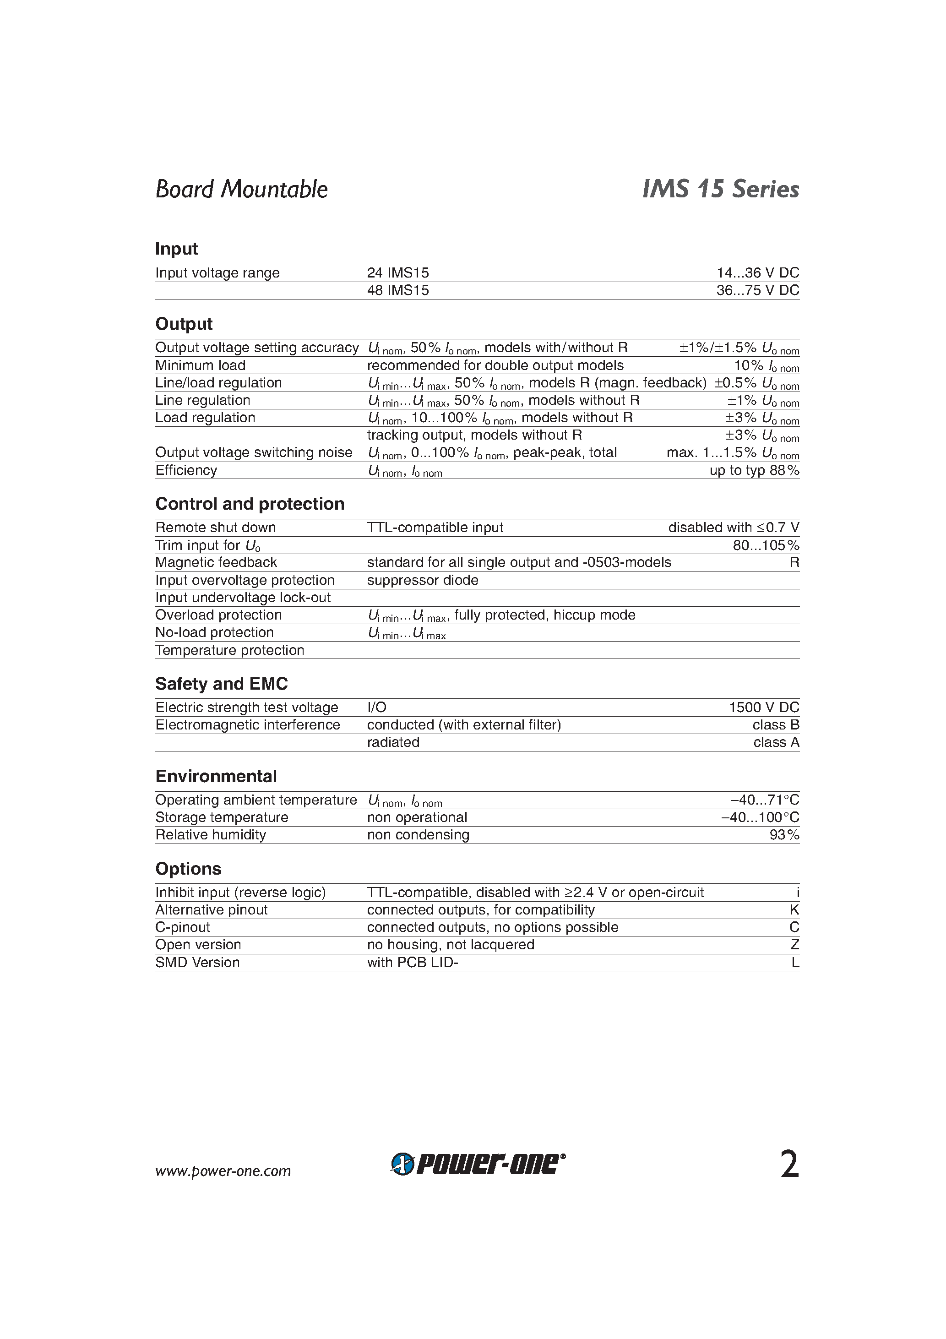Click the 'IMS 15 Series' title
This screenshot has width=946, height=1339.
click(x=720, y=189)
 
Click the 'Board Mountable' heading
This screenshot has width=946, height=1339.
click(x=241, y=189)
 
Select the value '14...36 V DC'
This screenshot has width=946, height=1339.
click(x=758, y=273)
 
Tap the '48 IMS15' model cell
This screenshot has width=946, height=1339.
click(x=398, y=290)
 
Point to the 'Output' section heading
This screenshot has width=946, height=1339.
click(x=184, y=324)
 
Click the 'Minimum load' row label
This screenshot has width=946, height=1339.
click(x=200, y=365)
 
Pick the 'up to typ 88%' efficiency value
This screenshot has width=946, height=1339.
click(x=754, y=471)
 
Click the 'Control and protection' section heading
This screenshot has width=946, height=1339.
click(x=250, y=504)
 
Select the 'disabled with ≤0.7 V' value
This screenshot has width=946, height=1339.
click(x=733, y=528)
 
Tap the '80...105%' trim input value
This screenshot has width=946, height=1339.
click(x=766, y=545)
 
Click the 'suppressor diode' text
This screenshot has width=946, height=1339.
click(x=422, y=580)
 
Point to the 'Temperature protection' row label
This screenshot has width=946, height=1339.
click(x=230, y=650)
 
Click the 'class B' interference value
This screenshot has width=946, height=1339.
click(x=776, y=725)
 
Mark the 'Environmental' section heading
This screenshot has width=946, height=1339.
click(x=216, y=777)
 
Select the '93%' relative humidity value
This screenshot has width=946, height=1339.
click(x=784, y=835)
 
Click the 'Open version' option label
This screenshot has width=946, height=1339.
click(x=198, y=945)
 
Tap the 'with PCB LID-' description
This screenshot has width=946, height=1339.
click(x=413, y=962)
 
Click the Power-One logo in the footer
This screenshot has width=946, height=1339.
click(x=478, y=1164)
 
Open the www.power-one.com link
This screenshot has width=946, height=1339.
click(x=223, y=1171)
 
